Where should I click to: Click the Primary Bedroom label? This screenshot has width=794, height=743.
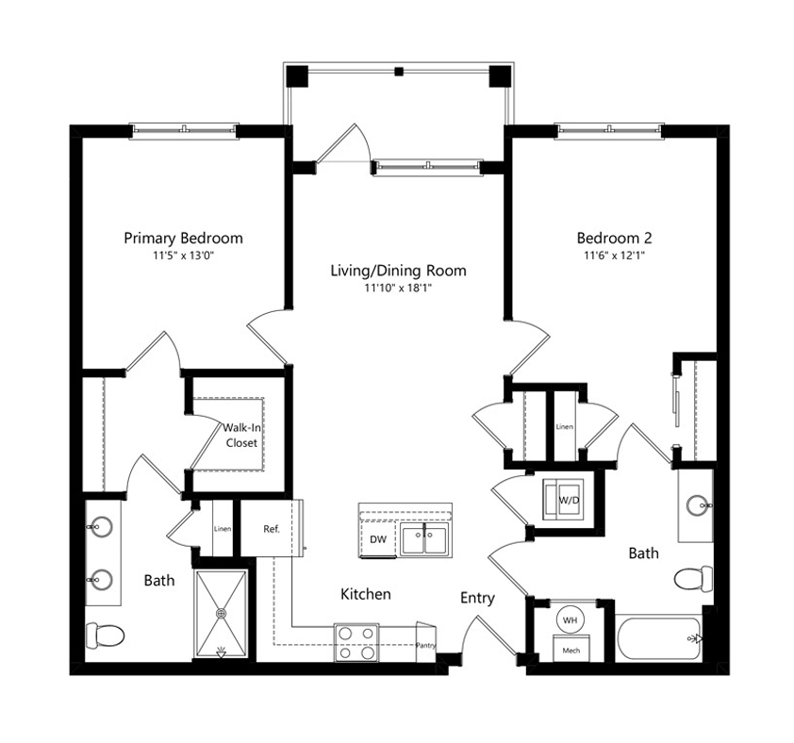183,238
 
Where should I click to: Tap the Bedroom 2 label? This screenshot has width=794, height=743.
614,238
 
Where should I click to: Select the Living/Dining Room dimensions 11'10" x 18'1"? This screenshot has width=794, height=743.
398,289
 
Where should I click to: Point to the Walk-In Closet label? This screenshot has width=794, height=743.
241,435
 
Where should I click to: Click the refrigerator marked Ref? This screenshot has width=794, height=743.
272,528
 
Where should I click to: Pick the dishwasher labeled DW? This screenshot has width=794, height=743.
378,539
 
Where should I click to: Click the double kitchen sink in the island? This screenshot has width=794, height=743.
424,538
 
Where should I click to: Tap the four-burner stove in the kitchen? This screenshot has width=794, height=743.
356,643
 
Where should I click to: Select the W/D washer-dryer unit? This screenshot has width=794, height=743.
564,500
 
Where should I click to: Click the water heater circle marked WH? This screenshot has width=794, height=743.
570,619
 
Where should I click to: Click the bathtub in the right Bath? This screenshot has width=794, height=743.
659,638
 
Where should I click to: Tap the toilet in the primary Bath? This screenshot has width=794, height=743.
105,636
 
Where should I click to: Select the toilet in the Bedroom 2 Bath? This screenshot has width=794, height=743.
694,579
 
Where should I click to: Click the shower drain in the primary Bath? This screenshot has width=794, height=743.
222,613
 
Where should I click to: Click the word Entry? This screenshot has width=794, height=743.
477,599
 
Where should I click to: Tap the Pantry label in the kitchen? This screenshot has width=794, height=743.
425,645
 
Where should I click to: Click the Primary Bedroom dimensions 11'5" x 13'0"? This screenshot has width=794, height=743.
184,256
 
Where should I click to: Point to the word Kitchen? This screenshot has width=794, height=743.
366,594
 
